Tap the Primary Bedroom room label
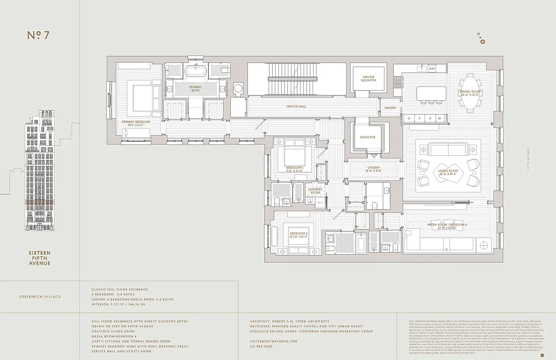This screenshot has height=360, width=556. click(136, 122)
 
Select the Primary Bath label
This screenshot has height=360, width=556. click(195, 89)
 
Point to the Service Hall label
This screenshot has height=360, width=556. click(296, 107)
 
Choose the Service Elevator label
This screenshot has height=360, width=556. click(368, 79)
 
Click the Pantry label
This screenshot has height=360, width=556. click(390, 108)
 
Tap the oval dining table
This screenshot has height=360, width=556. click(470, 93)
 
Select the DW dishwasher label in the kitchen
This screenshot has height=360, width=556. click(432, 68)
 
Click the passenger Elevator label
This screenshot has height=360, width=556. click(368, 137)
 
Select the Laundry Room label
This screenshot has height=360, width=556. click(315, 191)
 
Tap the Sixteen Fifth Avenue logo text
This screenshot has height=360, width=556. click(40, 258)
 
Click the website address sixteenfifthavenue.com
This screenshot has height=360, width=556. click(274, 342)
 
